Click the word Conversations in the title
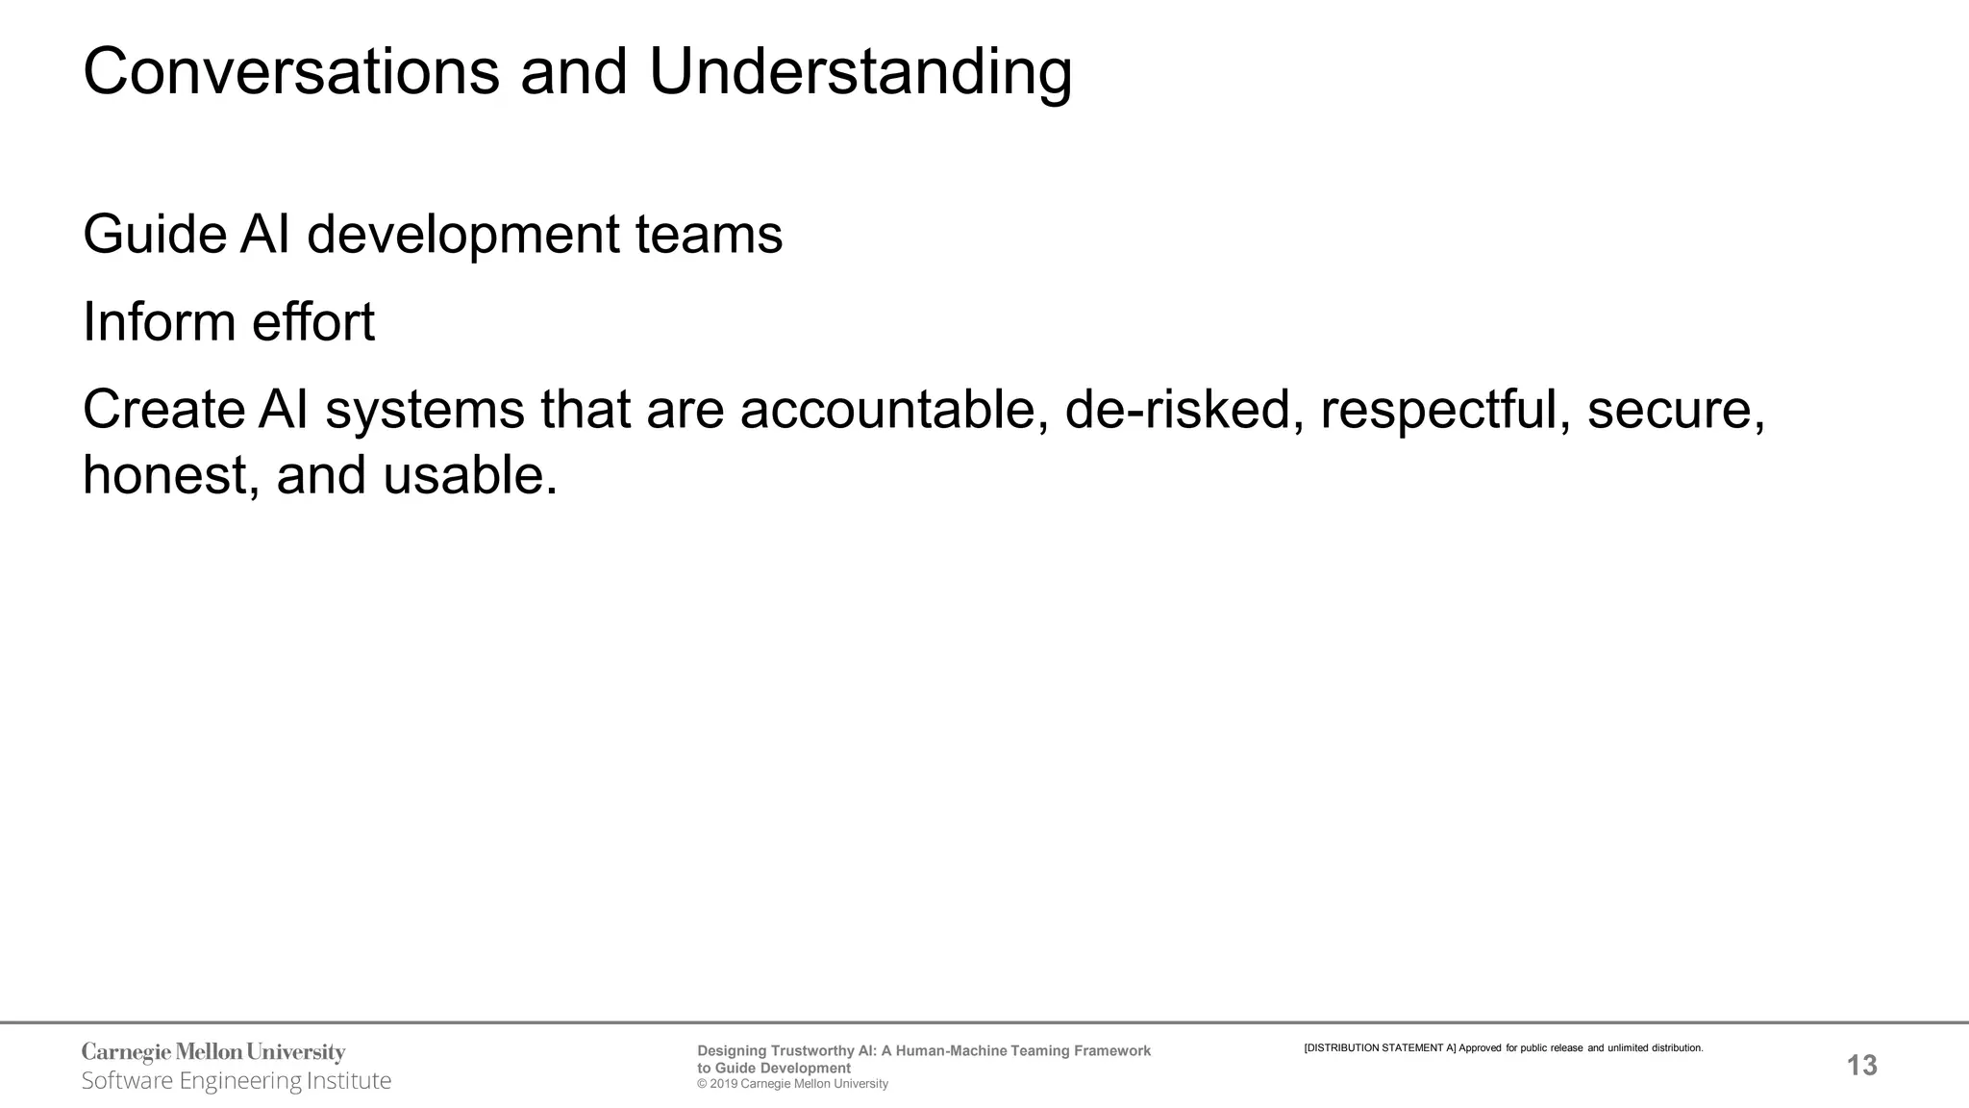pos(291,71)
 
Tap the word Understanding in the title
pos(860,73)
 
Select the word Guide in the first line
pos(154,234)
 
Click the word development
pos(463,236)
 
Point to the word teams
pos(709,234)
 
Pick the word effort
pos(312,321)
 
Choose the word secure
pos(1675,411)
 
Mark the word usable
pos(469,475)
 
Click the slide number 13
pos(1861,1066)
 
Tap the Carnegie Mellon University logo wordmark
pos(213,1052)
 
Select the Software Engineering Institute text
pos(237,1081)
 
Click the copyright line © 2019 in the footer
pos(792,1084)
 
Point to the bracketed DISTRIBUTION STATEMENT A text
pos(1380,1048)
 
